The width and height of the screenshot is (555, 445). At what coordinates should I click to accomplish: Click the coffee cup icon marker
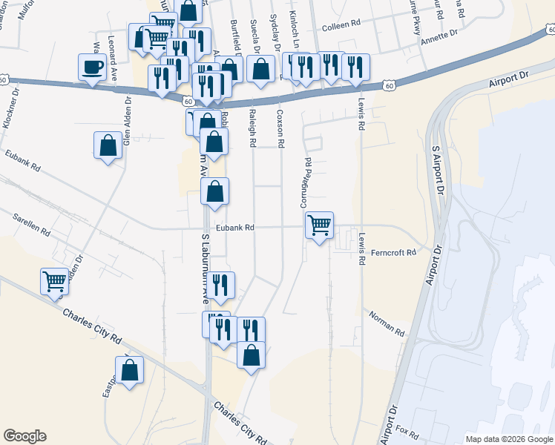coord(93,67)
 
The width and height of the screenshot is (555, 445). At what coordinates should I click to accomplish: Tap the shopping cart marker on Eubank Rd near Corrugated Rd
coord(319,225)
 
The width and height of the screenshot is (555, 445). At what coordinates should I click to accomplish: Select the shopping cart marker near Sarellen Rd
coord(55,282)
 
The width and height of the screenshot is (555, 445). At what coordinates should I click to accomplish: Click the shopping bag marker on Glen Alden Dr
coord(108,145)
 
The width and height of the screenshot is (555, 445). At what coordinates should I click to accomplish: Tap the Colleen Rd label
coord(340,27)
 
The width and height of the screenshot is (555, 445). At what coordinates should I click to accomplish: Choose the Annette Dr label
coord(440,33)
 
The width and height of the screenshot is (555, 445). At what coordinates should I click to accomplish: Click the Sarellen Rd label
coord(31,224)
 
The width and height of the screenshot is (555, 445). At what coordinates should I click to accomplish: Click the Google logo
coord(24,436)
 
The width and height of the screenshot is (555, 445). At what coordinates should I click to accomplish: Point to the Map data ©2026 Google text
coord(508,439)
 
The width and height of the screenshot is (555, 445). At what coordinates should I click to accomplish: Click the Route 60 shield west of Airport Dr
coord(389,86)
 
